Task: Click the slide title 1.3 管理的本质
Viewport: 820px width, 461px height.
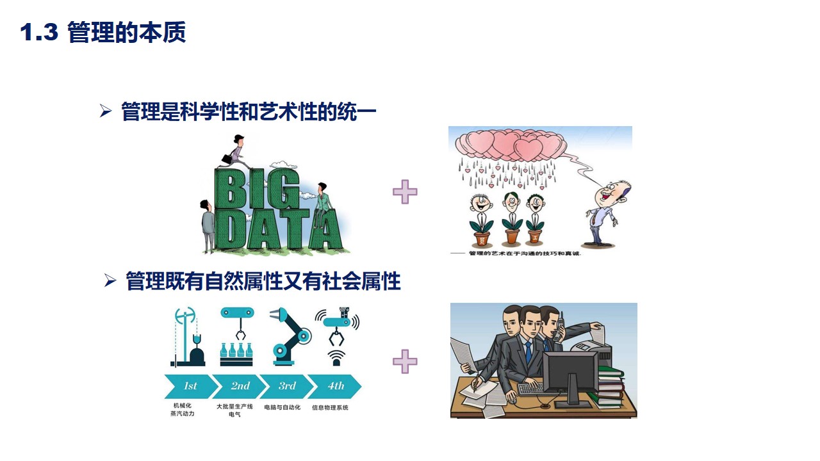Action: [103, 33]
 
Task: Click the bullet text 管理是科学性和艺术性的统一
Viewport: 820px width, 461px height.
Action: [249, 113]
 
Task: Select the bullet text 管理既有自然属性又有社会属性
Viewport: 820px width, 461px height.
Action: [263, 281]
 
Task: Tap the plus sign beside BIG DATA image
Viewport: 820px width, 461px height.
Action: [405, 191]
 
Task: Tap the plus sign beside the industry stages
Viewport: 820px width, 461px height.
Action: [405, 361]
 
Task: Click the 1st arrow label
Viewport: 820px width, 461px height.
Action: [190, 386]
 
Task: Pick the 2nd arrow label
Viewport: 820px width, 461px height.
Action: [240, 386]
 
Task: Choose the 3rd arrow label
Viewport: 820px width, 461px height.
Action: [287, 386]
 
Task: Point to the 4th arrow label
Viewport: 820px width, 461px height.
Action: [336, 386]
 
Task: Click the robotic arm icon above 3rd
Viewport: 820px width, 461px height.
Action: [288, 336]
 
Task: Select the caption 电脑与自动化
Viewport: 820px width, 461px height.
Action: [282, 407]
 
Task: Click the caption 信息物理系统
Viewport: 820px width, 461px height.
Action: [330, 407]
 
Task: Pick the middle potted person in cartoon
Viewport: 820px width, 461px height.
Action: [511, 218]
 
